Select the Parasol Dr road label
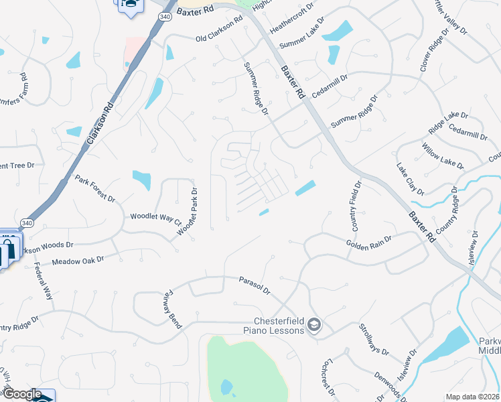point(255,285)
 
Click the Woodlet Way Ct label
point(156,218)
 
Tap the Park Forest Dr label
point(95,190)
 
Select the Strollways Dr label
point(374,340)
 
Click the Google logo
point(21,394)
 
